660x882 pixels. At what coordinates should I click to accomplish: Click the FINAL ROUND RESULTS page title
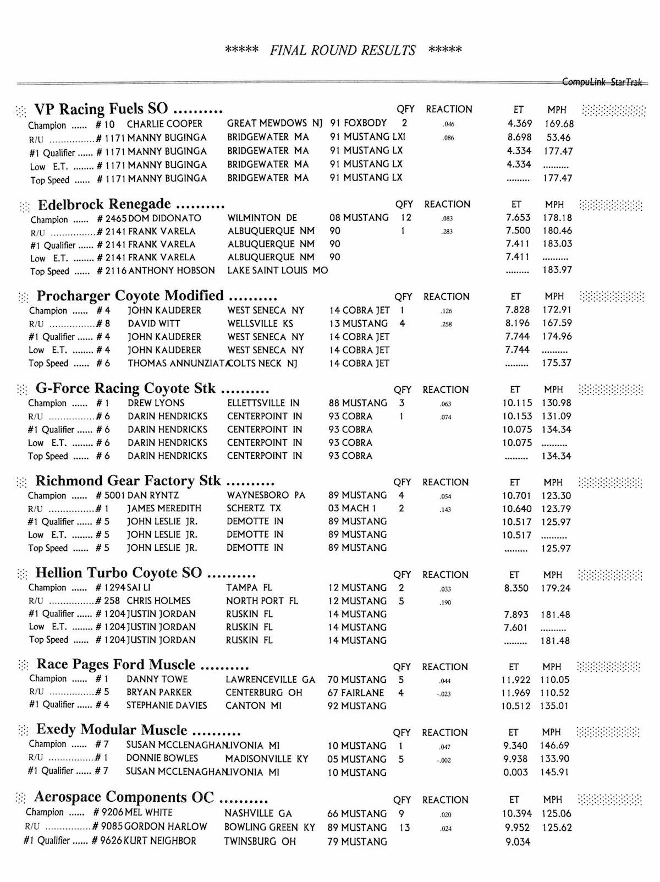[x=343, y=51]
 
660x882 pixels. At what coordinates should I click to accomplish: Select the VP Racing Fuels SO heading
[x=128, y=108]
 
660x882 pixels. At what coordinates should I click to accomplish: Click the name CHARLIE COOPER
[x=164, y=124]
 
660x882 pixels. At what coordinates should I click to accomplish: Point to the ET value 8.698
[x=519, y=138]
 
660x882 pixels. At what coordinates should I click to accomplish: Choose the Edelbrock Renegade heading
[x=131, y=205]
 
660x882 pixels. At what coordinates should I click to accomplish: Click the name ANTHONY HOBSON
[x=172, y=271]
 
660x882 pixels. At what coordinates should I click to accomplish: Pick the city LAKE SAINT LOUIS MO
[x=277, y=271]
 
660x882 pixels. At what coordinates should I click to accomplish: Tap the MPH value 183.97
[x=557, y=270]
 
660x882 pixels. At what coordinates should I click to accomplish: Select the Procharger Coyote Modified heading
[x=157, y=296]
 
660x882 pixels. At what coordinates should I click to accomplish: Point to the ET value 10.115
[x=516, y=403]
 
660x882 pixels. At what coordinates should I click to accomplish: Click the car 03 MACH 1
[x=352, y=508]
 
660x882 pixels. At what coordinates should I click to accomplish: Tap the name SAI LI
[x=139, y=588]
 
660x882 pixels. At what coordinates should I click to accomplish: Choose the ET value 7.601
[x=515, y=628]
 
